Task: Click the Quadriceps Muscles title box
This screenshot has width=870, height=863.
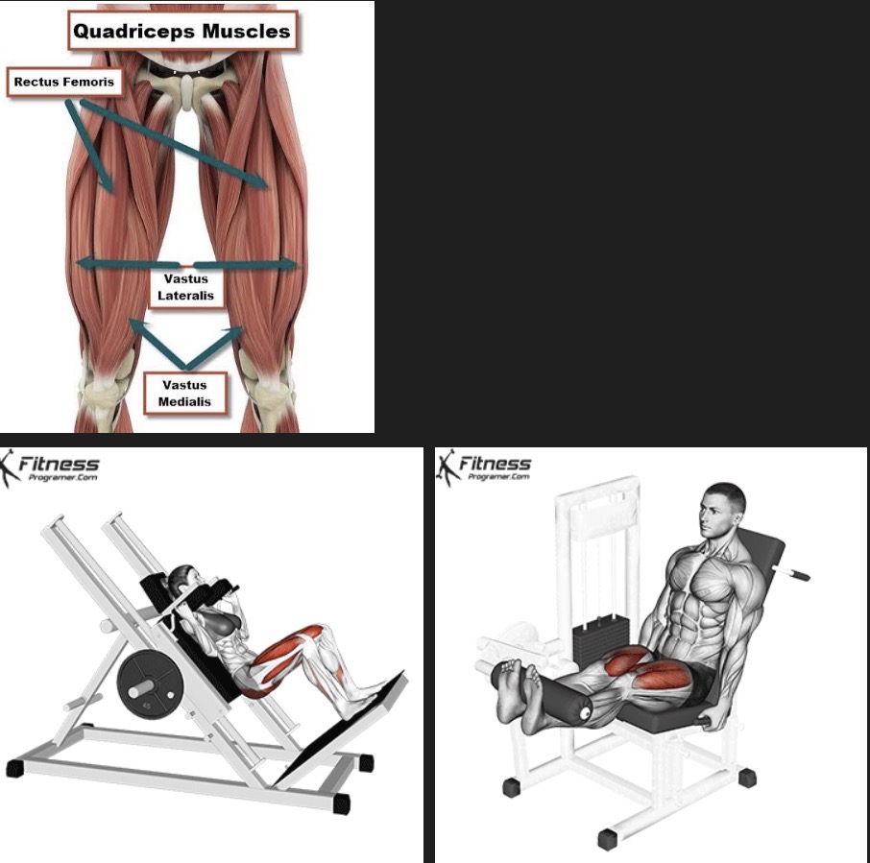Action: click(182, 31)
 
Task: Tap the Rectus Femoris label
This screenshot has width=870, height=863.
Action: click(64, 83)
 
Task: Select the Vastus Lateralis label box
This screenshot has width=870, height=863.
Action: click(186, 287)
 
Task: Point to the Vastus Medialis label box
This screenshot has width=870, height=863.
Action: click(185, 393)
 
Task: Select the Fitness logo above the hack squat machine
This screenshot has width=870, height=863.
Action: click(50, 468)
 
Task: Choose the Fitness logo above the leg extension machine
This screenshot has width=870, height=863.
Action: click(484, 467)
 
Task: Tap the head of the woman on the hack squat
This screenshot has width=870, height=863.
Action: click(181, 581)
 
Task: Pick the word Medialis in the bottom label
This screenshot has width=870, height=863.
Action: click(184, 401)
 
